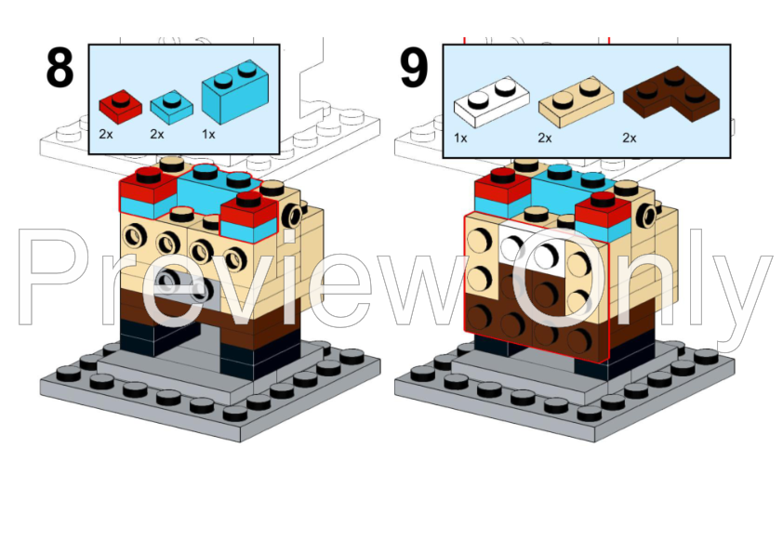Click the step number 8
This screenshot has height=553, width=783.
tap(60, 67)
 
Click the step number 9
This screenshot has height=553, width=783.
tap(414, 67)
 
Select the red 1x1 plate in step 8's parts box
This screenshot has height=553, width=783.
tap(120, 106)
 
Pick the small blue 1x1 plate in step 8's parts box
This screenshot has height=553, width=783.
tap(171, 106)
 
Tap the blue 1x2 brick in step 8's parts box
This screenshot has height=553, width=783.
tap(234, 91)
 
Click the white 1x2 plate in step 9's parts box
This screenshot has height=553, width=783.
tap(491, 101)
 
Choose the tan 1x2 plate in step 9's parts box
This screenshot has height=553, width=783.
tap(576, 101)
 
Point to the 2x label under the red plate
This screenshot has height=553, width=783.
tap(106, 134)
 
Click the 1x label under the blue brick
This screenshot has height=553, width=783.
tap(208, 134)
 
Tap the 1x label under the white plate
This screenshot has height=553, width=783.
tap(460, 138)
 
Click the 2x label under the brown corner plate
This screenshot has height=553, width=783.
tap(630, 138)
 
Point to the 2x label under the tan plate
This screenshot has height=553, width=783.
tap(545, 138)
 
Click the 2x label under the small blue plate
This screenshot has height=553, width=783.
tap(157, 134)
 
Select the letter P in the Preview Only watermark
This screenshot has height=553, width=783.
tap(55, 276)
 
